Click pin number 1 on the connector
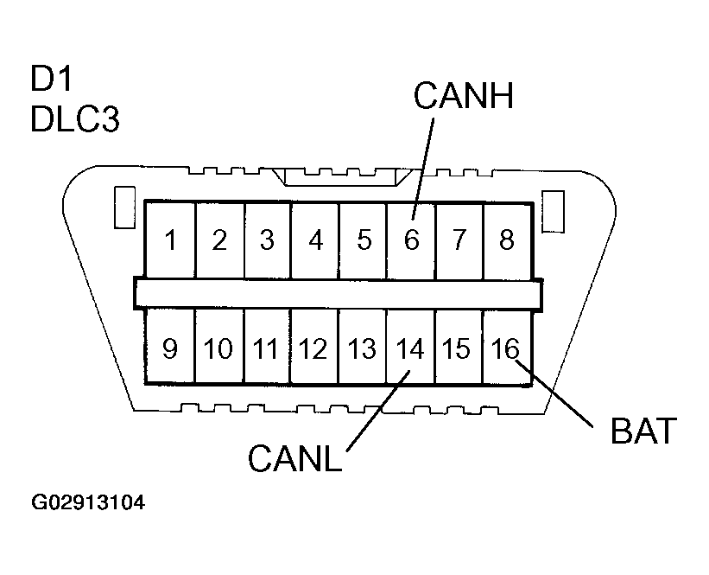[x=172, y=240]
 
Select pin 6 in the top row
[x=411, y=240]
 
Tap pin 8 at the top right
[x=506, y=240]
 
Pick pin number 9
[x=170, y=348]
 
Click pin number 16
[x=504, y=348]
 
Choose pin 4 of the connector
[x=315, y=240]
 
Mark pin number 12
[x=313, y=348]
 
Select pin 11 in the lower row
[x=266, y=348]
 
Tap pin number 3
[x=267, y=240]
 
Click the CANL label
[x=294, y=457]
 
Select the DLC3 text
[x=74, y=120]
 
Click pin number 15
[x=456, y=348]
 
